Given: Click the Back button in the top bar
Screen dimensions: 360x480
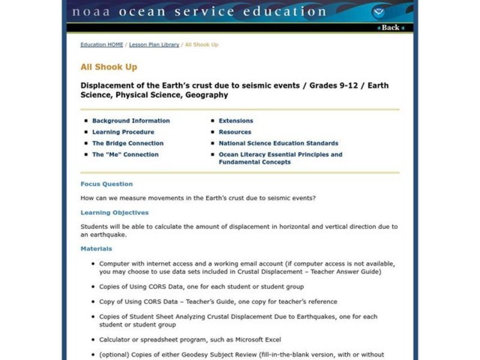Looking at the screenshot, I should tap(391, 28).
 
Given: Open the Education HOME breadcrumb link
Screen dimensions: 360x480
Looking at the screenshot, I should tap(101, 45).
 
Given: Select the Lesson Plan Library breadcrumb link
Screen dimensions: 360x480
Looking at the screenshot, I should tap(154, 45).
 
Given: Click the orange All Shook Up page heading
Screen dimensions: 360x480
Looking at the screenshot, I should tap(109, 67).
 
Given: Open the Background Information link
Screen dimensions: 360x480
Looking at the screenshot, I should tap(131, 121).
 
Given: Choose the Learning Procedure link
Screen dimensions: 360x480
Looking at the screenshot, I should tap(123, 132).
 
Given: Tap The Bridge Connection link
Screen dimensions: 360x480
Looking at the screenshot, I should tap(128, 143).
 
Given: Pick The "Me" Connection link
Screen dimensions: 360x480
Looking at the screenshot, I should tap(125, 155).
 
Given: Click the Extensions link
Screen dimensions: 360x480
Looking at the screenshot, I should tap(236, 121).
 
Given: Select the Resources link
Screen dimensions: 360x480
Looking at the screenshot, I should tap(235, 132).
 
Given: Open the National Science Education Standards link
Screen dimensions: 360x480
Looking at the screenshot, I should tap(278, 143).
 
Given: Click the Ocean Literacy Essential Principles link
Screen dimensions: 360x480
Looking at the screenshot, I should tap(280, 155).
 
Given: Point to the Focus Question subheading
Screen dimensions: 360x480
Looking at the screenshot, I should tap(107, 184).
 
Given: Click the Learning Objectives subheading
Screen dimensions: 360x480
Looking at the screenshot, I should tap(115, 212).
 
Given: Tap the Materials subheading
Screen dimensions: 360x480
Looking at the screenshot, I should tap(96, 248).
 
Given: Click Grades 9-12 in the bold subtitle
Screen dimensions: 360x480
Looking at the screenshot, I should tap(333, 85).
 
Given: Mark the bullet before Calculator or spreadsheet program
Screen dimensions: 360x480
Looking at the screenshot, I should tap(92, 340).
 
